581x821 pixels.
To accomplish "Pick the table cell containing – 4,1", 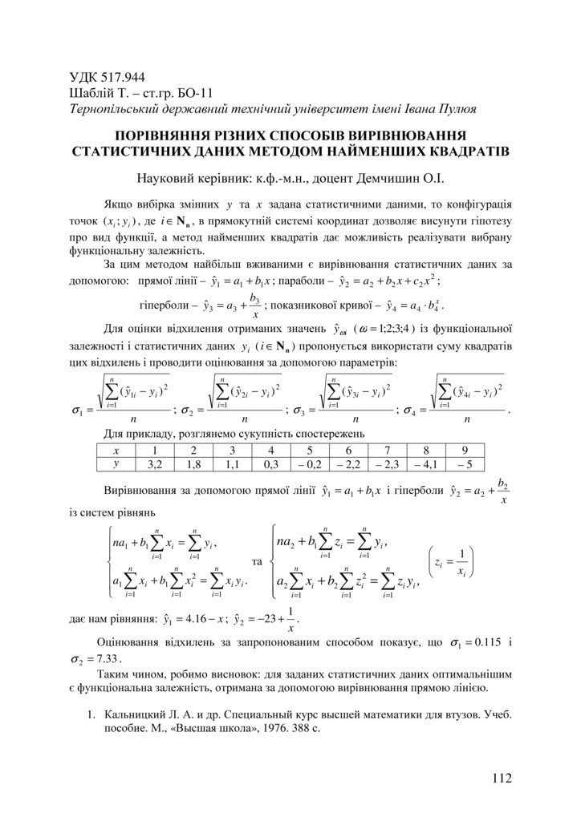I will (x=425, y=463).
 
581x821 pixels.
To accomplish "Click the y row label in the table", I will (x=116, y=463).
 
